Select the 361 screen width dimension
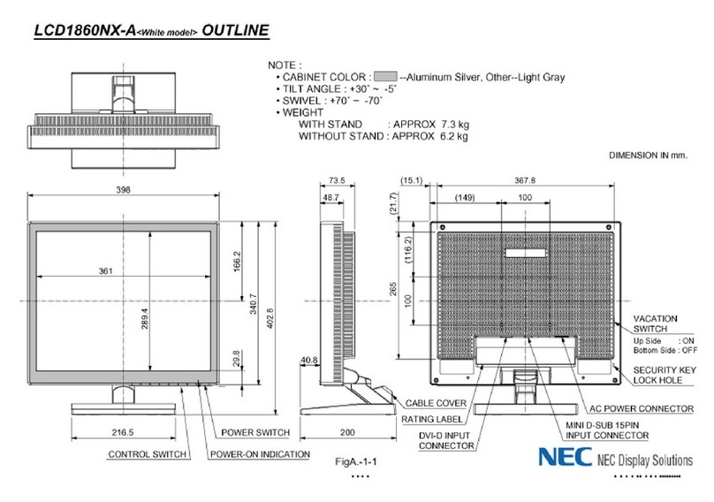105,271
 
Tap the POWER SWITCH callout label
256,433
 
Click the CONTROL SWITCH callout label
147,454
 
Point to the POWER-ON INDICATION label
260,454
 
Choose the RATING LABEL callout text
434,419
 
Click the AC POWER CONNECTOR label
641,408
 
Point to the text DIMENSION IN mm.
648,155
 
